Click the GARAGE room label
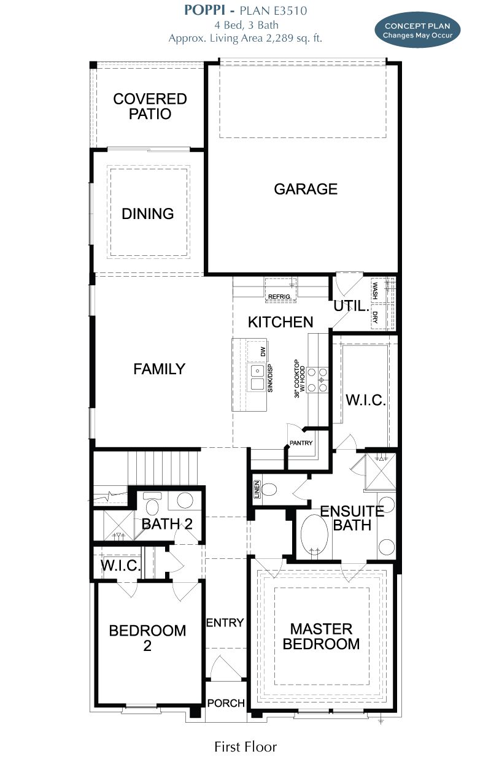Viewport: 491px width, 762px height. (x=306, y=189)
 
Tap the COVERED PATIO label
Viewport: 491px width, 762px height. (x=150, y=106)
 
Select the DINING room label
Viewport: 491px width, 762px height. (x=148, y=214)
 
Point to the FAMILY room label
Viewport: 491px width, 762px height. (x=159, y=369)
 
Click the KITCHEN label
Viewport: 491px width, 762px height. (x=280, y=322)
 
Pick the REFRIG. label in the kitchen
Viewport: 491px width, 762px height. (x=280, y=298)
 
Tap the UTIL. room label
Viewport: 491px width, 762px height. (x=350, y=306)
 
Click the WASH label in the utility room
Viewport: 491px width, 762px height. (x=375, y=288)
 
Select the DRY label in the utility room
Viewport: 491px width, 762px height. (x=375, y=317)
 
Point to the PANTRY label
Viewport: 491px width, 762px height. (x=301, y=443)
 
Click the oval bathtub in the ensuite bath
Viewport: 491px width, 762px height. (x=315, y=535)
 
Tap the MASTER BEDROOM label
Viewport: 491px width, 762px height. (x=322, y=636)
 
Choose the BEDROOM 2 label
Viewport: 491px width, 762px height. (x=147, y=637)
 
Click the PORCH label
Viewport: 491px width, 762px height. (x=226, y=703)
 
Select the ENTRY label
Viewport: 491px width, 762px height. (x=225, y=623)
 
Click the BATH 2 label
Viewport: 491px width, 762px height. (x=167, y=524)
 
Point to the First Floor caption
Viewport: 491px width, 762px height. (x=245, y=747)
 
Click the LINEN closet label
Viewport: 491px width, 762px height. (x=257, y=490)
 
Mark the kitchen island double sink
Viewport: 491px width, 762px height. (x=257, y=377)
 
